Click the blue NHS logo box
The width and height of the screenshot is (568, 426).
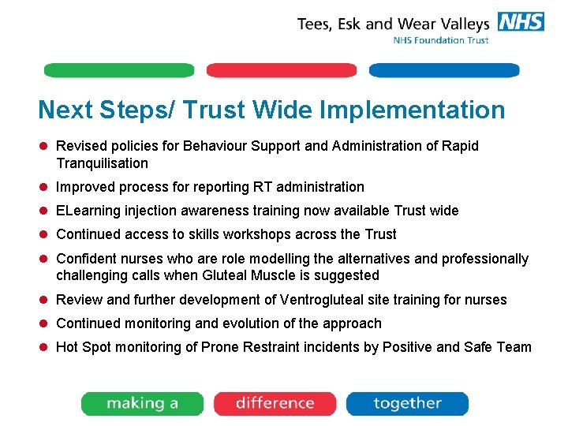point(521,21)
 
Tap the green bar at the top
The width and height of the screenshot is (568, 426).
point(118,70)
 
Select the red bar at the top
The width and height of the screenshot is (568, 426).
point(282,70)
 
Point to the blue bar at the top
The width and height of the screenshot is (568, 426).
point(444,70)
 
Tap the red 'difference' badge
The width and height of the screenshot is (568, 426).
point(275,403)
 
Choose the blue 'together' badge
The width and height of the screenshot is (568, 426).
point(407,403)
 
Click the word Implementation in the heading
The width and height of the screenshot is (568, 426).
point(418,110)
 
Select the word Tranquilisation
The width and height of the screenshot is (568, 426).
point(102,163)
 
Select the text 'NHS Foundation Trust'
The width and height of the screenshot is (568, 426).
point(441,40)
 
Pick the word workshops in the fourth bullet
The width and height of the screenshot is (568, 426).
point(264,234)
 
